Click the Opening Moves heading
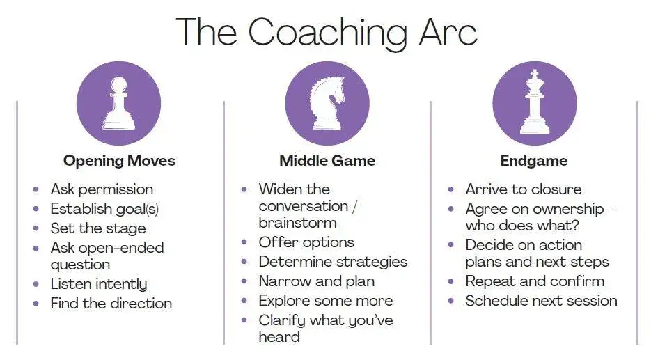(x=119, y=161)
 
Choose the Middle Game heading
(x=327, y=161)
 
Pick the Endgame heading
(x=534, y=161)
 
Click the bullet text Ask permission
(x=102, y=189)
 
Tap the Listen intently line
(x=99, y=284)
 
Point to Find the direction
(x=111, y=304)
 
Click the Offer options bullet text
(x=306, y=242)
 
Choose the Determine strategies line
(x=333, y=262)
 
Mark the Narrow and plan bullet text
(x=316, y=281)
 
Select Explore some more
(x=325, y=301)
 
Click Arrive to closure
(x=523, y=189)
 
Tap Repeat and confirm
(x=535, y=281)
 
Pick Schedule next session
(x=541, y=301)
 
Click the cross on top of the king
(x=535, y=74)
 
